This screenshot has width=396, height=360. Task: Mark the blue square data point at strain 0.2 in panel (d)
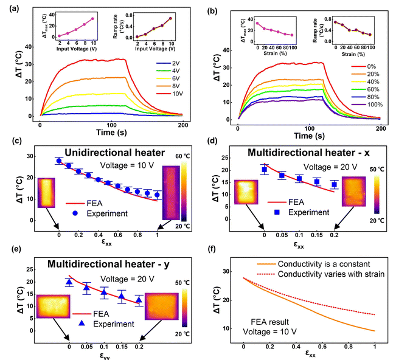coord(334,184)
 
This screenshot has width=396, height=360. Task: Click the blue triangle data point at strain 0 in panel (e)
coord(69,282)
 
